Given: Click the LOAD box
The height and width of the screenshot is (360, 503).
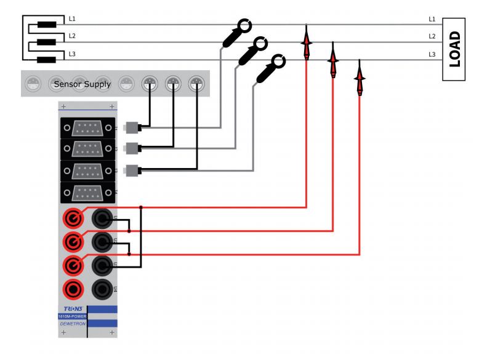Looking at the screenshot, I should click(454, 49).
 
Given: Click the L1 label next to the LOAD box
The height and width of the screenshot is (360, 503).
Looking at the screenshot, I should click(432, 20).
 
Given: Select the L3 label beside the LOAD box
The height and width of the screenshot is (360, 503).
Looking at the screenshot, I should click(432, 55).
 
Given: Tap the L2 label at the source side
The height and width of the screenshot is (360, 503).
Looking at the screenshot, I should click(72, 36).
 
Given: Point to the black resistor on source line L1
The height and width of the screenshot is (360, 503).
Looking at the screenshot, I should click(47, 25).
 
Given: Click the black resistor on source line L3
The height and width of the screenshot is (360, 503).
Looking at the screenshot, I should click(47, 60).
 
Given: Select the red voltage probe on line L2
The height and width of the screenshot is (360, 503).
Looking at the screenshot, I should click(333, 60).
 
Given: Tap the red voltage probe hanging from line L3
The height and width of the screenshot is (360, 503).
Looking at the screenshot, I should click(360, 78).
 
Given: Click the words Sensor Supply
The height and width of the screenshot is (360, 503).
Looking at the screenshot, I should click(82, 84).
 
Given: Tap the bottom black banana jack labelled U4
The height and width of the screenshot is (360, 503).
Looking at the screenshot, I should click(102, 287).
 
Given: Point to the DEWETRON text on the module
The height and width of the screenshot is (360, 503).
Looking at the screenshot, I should click(71, 323).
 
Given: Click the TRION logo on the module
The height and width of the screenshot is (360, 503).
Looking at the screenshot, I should click(71, 309).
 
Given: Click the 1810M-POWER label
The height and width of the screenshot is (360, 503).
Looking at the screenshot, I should click(71, 316).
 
